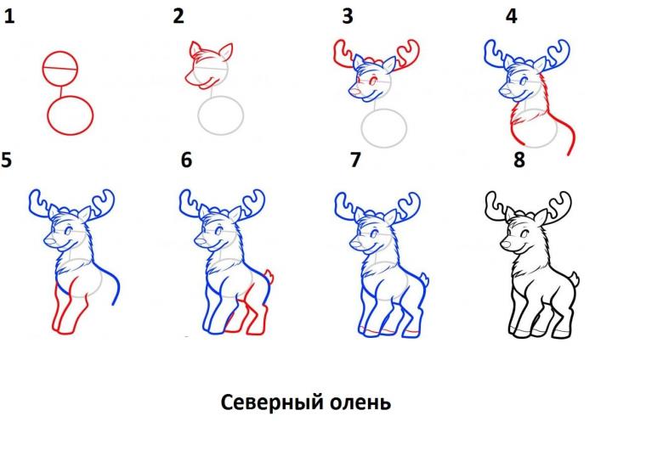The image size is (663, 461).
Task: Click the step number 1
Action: (9, 17)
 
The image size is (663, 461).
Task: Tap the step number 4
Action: (511, 16)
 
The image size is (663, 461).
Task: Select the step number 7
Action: (355, 160)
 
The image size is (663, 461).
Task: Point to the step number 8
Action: (519, 160)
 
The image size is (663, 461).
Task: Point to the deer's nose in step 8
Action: (504, 244)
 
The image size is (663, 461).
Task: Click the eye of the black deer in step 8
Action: (524, 233)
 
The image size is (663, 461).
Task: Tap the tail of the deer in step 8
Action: (575, 279)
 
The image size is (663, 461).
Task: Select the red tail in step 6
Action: (269, 277)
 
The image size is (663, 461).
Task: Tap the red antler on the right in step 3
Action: (407, 53)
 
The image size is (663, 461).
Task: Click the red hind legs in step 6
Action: (249, 312)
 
